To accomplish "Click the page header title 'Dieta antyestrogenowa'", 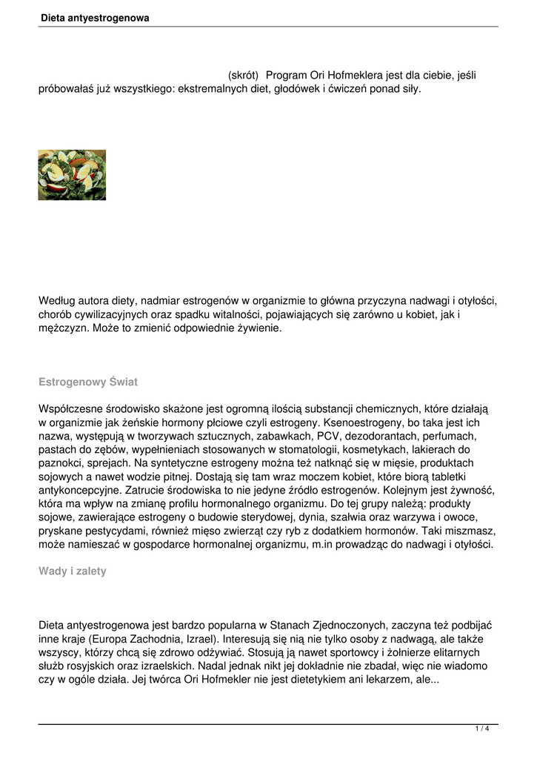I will point(95,18).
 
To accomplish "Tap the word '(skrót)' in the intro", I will point(243,76).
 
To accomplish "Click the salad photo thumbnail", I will point(72,175).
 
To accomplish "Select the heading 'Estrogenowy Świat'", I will point(87,382).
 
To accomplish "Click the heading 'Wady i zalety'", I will point(72,571).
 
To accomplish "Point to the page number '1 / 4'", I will point(482,729).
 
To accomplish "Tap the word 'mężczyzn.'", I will point(64,328).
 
